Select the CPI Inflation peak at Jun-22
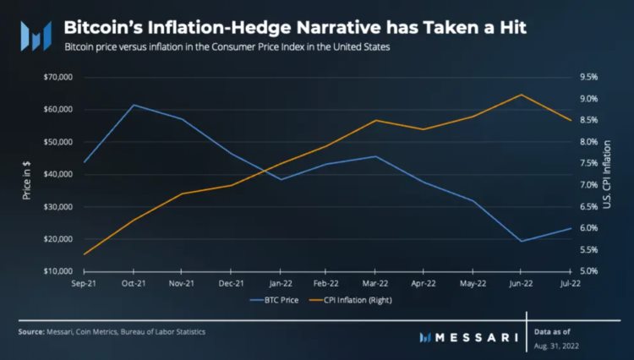pyautogui.click(x=521, y=95)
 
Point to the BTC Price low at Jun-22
pyautogui.click(x=521, y=241)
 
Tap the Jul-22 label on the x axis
pyautogui.click(x=570, y=284)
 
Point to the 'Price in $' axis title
pyautogui.click(x=27, y=175)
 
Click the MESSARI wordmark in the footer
pyautogui.click(x=470, y=337)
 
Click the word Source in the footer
pyautogui.click(x=32, y=332)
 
